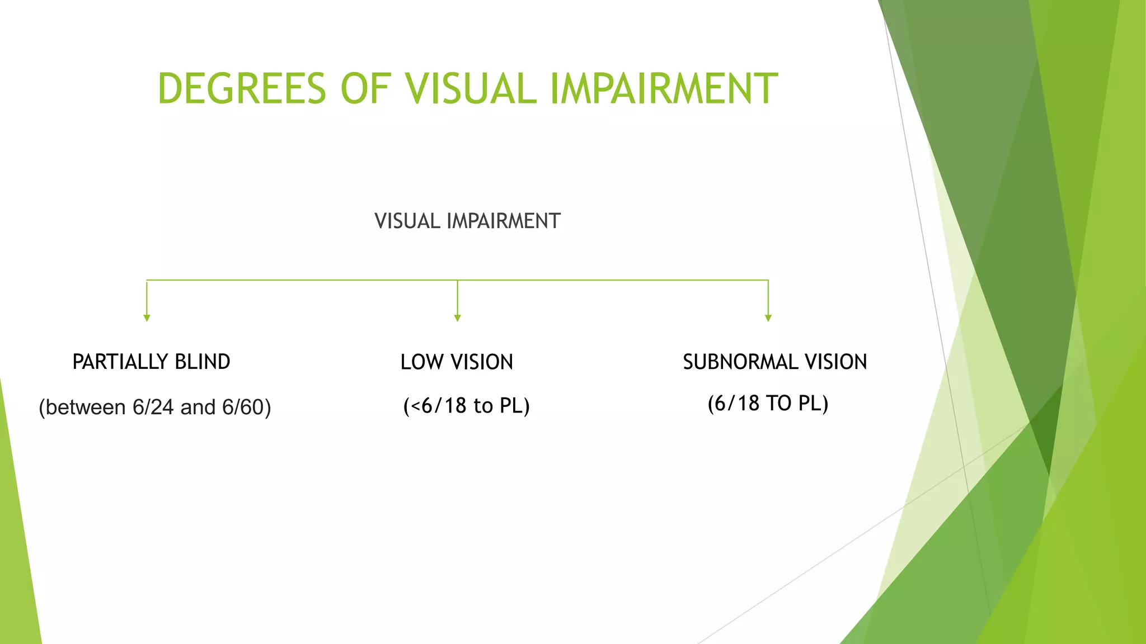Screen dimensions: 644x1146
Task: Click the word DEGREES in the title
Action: point(242,88)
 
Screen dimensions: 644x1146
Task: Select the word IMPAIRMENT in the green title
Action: point(664,88)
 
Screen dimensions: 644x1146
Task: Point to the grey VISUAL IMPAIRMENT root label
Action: point(467,221)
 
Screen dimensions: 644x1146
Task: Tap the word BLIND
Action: point(202,362)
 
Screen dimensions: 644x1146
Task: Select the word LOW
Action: point(422,362)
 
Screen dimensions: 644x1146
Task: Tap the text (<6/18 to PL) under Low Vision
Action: point(466,406)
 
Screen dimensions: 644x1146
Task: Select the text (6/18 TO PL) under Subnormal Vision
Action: point(768,404)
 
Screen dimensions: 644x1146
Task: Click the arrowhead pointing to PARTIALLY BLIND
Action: point(147,318)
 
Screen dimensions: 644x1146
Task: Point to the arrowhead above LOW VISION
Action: point(457,318)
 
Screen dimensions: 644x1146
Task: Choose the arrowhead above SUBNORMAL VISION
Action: point(768,318)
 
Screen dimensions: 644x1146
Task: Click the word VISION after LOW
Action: point(482,362)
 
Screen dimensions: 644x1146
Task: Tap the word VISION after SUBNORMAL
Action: point(836,362)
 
